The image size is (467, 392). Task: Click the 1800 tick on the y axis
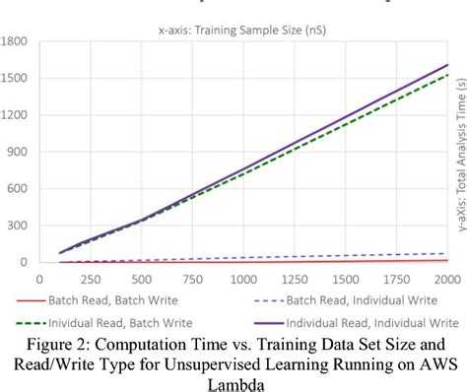pyautogui.click(x=15, y=41)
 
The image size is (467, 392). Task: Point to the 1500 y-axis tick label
pyautogui.click(x=15, y=78)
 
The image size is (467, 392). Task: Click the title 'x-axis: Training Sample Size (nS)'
pyautogui.click(x=241, y=30)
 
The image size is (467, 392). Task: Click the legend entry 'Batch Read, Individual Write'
pyautogui.click(x=366, y=300)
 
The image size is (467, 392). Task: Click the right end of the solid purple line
pyautogui.click(x=447, y=65)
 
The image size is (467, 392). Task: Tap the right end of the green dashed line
pyautogui.click(x=447, y=75)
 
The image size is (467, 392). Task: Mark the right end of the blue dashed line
pyautogui.click(x=447, y=253)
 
